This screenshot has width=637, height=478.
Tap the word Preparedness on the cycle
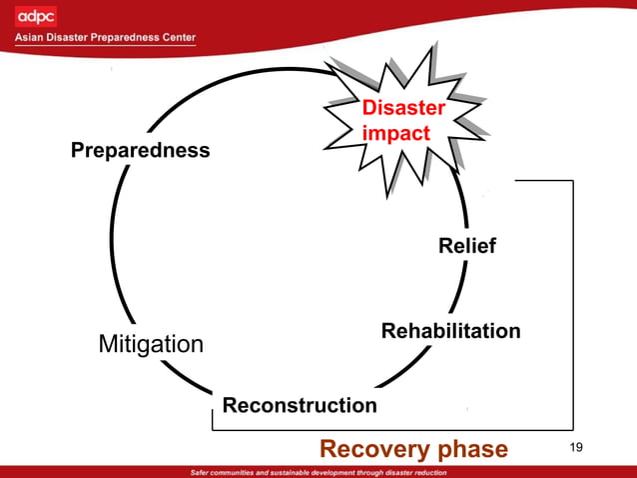point(140,151)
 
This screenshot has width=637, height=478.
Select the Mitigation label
point(151,345)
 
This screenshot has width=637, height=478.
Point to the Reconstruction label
point(300,405)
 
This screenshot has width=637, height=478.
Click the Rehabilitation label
point(450,330)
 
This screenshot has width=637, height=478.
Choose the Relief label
point(466,245)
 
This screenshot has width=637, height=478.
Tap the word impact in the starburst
point(396,133)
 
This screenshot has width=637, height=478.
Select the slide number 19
point(575,446)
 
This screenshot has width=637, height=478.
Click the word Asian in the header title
point(31,38)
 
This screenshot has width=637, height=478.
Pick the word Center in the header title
point(176,38)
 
